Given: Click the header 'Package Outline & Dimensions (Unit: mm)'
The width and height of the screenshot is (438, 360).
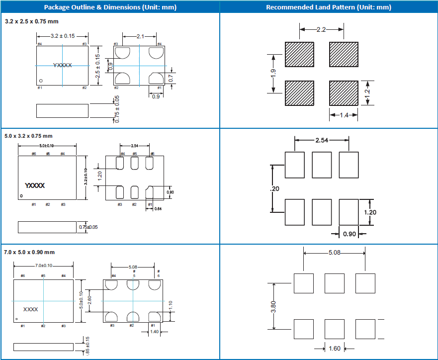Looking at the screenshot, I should coord(110,7).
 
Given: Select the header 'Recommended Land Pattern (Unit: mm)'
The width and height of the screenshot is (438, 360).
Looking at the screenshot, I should coord(329,7).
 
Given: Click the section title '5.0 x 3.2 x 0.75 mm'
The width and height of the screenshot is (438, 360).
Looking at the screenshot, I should coord(28,136).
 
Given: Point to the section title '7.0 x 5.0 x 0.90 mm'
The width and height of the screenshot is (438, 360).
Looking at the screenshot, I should coord(29,252).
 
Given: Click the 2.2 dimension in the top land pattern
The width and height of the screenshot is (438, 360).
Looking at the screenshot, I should coord(321,30).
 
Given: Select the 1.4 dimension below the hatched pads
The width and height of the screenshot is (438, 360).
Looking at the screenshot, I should coord(344,115).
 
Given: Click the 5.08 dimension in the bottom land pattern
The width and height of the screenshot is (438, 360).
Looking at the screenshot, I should coord(335,253).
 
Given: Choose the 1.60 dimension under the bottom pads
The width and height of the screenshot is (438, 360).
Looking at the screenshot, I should coord(335,349).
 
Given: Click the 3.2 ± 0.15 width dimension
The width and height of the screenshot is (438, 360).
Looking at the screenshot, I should coord(63,36).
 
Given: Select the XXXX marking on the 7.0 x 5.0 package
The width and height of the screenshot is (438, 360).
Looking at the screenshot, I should coord(31,309).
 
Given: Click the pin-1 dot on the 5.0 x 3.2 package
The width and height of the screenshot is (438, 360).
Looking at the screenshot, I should coord(22,195).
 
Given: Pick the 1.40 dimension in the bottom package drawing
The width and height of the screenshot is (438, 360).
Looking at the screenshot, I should coord(154,332).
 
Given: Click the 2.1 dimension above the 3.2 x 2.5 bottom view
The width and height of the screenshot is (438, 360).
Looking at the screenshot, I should coord(140,36).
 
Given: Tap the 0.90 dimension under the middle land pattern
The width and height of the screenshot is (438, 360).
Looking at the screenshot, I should coord(350,234).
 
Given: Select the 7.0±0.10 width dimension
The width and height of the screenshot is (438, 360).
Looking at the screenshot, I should coord(44,266).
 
